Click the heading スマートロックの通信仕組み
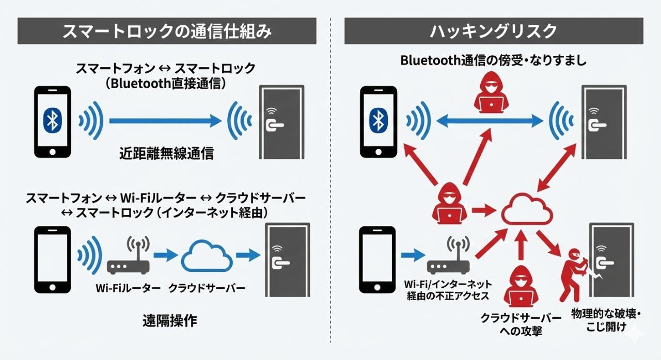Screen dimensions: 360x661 (x=166, y=31)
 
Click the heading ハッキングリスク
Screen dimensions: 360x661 (x=493, y=31)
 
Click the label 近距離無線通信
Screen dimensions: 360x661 (x=166, y=153)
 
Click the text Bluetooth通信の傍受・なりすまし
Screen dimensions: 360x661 (x=493, y=60)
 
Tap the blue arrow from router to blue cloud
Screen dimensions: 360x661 (x=164, y=254)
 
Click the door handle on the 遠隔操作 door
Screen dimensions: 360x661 (x=278, y=264)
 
